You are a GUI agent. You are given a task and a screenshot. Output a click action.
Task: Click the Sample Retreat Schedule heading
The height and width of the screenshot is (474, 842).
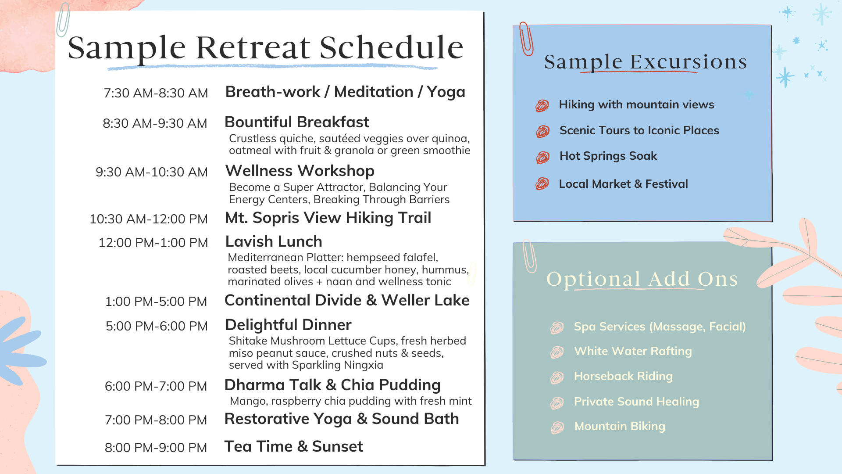click(x=265, y=47)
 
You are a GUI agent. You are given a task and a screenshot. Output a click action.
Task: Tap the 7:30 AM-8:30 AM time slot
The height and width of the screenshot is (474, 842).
click(x=156, y=93)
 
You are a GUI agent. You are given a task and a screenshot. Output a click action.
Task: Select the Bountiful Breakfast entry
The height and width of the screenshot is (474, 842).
click(x=297, y=122)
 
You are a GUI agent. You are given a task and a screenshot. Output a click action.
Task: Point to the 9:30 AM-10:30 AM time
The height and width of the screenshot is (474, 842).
click(x=152, y=172)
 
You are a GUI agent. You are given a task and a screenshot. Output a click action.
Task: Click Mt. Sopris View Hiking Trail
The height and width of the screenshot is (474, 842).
click(x=328, y=218)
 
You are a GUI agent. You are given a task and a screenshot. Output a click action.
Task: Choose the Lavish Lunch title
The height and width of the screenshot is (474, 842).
click(x=274, y=241)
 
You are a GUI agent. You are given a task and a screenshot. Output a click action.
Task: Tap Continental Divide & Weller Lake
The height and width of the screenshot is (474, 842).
click(x=347, y=300)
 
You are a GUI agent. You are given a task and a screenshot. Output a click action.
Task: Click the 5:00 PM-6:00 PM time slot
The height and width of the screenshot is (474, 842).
click(x=157, y=326)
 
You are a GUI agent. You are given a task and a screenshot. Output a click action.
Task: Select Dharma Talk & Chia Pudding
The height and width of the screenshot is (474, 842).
click(x=332, y=385)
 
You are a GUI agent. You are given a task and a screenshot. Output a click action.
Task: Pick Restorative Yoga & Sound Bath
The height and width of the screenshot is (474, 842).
click(x=342, y=419)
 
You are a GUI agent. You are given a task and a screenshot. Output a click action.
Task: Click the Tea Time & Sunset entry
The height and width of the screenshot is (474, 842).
click(x=293, y=446)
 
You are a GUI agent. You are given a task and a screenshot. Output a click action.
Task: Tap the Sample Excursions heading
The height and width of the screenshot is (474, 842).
click(x=646, y=62)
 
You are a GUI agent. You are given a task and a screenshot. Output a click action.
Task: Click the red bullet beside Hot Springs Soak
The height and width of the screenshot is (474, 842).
click(x=542, y=157)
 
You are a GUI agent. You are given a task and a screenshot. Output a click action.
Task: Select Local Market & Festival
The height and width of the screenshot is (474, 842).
click(x=623, y=184)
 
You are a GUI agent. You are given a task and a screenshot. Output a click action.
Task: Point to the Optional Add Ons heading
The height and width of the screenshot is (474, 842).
click(x=642, y=279)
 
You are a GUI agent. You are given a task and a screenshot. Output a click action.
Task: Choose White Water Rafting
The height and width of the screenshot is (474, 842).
click(x=633, y=351)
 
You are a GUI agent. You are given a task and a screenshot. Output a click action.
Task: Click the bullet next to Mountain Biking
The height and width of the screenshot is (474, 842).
click(x=557, y=427)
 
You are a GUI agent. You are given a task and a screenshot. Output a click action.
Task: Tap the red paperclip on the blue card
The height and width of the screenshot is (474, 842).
click(x=526, y=39)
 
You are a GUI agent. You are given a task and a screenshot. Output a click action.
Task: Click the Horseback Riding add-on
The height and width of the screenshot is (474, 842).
click(x=623, y=376)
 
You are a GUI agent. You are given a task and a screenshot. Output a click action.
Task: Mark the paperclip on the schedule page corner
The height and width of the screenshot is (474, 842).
click(x=63, y=20)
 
